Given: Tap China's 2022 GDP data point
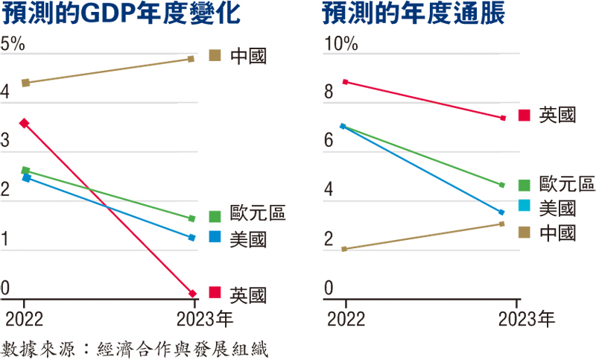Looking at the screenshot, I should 26,83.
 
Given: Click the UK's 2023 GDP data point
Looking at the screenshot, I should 192,293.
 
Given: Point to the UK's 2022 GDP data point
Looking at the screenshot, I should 25,123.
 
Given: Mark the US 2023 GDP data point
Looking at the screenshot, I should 192,238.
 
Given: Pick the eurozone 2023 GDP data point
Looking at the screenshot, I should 192,218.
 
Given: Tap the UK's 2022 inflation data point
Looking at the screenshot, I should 345,81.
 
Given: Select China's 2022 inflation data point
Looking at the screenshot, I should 344,249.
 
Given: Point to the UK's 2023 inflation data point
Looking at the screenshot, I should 503,118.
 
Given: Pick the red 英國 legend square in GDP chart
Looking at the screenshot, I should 215,292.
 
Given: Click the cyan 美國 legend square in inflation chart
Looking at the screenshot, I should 524,207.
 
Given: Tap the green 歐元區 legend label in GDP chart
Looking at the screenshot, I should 258,216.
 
